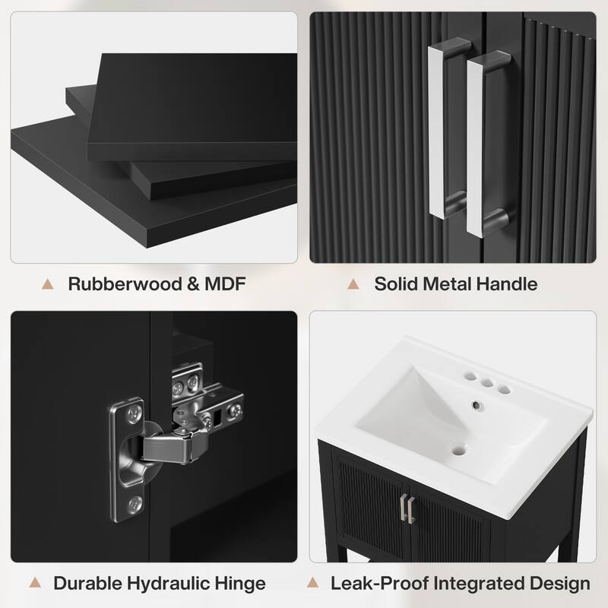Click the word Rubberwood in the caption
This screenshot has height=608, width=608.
[x=125, y=283]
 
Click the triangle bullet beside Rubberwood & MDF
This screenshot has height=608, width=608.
[x=48, y=283]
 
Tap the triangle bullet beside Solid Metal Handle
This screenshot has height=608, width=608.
[x=353, y=283]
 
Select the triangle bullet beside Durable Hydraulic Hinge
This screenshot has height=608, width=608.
[x=35, y=582]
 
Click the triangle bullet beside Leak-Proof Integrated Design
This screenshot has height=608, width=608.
[x=312, y=582]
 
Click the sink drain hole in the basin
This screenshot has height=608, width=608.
[x=459, y=451]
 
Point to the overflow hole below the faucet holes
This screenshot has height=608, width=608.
[x=476, y=406]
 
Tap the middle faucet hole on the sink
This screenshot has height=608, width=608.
[x=487, y=383]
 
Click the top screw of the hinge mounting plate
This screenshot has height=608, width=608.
[x=134, y=414]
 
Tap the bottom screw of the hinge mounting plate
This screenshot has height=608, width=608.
[x=135, y=504]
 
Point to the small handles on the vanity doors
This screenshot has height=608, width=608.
[x=407, y=507]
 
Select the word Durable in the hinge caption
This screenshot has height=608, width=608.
[x=87, y=583]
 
